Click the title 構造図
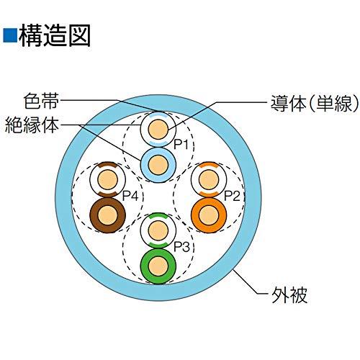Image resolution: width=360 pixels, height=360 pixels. coord(55,35)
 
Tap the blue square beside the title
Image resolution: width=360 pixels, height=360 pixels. coord(10,35)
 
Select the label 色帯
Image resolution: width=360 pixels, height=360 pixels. coord(41,101)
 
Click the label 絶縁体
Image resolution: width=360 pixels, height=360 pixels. coord(32,125)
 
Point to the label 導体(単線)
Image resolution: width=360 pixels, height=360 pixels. coord(315,103)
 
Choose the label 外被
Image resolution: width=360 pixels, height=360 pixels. coord(289,294)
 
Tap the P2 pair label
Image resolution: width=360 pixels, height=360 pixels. coord(232,196)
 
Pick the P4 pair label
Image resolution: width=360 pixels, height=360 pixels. coord(130,196)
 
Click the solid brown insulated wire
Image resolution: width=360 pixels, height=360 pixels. coord(108,215)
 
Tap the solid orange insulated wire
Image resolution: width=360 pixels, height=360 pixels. coord(209,215)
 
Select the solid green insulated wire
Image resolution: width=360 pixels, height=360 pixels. coord(158,266)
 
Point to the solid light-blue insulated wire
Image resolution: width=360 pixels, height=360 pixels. coord(158,165)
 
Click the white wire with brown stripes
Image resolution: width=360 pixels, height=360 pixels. coord(108,179)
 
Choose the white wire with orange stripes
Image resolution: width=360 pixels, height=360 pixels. coord(209,179)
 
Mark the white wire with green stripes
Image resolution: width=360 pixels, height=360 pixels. coord(158,230)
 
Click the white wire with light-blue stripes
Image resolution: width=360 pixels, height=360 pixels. coord(158,129)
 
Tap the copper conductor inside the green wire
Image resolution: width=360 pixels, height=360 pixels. coord(158,266)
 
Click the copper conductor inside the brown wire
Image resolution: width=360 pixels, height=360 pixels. coord(108,215)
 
